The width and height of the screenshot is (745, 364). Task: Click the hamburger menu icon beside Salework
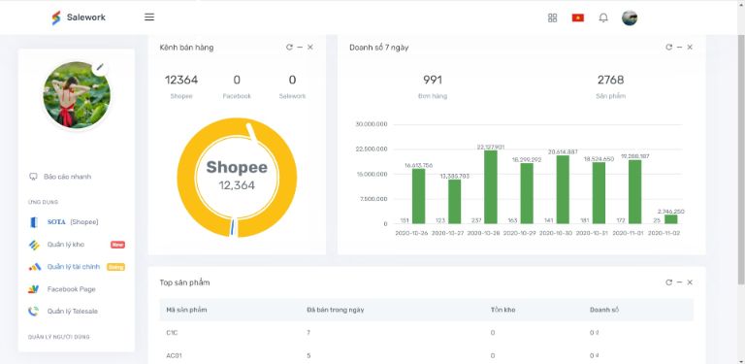click(149, 17)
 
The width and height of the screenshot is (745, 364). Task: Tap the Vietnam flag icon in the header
click(578, 17)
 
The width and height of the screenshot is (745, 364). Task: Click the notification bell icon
click(603, 17)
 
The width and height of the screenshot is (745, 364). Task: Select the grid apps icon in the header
click(553, 17)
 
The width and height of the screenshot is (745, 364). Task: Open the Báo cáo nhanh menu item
click(67, 177)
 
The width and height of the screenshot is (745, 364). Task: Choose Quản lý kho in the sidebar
click(65, 245)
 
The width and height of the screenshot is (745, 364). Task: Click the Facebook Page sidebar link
click(71, 289)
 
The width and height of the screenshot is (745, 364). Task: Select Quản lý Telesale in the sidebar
click(72, 312)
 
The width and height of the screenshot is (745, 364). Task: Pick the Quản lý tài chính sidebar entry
click(74, 267)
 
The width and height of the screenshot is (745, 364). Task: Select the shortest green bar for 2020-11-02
click(671, 219)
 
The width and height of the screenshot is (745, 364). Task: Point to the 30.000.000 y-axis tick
click(372, 124)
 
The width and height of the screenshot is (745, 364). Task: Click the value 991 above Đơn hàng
click(432, 80)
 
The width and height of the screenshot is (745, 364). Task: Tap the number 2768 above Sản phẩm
click(610, 80)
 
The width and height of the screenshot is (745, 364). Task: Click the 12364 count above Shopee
click(181, 80)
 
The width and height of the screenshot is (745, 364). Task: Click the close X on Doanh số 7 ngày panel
click(690, 47)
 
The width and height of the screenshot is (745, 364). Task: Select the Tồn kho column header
click(502, 310)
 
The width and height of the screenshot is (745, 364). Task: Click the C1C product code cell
click(173, 333)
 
